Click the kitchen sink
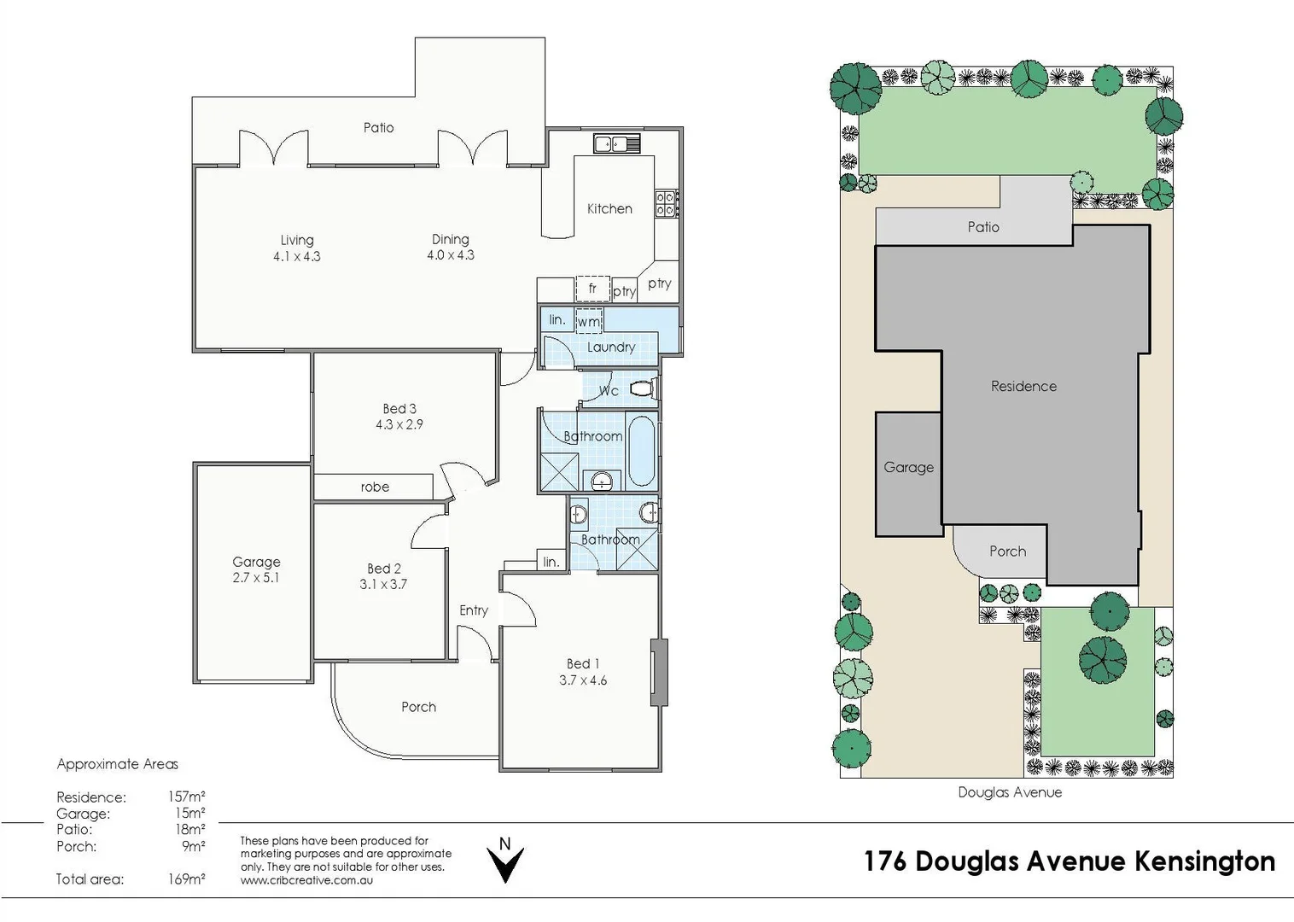(x=617, y=143)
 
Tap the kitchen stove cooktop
(x=667, y=204)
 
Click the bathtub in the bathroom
(x=641, y=452)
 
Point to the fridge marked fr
(x=592, y=289)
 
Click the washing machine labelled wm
(x=589, y=321)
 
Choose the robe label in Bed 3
(x=375, y=487)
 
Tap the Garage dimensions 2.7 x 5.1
(x=256, y=578)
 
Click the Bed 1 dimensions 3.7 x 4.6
(x=583, y=680)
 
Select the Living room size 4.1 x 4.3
(x=297, y=256)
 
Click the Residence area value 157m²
(x=187, y=797)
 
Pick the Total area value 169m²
(x=187, y=879)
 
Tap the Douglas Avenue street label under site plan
(x=1010, y=792)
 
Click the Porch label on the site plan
(x=1008, y=551)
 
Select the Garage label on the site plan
(x=909, y=467)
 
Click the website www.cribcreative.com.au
(x=306, y=880)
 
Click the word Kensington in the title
(x=1205, y=861)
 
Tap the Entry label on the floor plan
(x=474, y=610)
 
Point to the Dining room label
(x=451, y=239)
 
